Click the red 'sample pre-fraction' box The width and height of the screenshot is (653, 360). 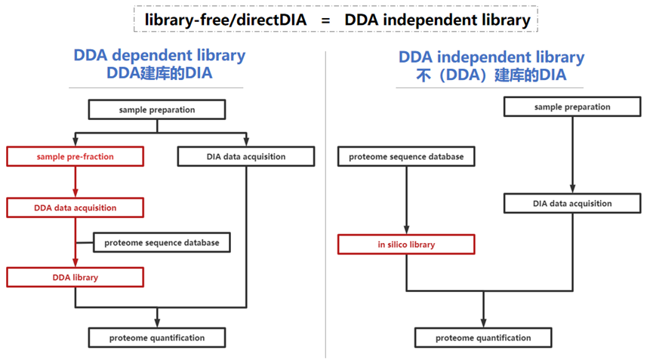[75, 157]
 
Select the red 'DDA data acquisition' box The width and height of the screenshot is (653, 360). [75, 208]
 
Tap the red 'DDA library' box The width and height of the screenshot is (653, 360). [75, 277]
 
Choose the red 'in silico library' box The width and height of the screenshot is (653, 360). [406, 245]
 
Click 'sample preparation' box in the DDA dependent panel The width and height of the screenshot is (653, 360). [157, 109]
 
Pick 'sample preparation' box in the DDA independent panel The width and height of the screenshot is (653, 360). [572, 107]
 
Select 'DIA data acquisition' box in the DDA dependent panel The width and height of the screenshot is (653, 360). [246, 157]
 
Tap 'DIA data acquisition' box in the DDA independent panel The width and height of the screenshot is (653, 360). [572, 203]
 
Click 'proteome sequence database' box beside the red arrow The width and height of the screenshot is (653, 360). [162, 242]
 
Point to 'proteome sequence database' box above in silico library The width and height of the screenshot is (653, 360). [406, 157]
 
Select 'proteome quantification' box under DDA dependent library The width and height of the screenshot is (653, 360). [157, 337]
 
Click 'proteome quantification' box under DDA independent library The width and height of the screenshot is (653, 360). [483, 337]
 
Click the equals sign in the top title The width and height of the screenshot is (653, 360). [325, 20]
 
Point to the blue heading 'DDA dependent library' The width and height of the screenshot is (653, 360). [159, 56]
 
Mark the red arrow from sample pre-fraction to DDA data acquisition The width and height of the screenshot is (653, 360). [75, 182]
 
